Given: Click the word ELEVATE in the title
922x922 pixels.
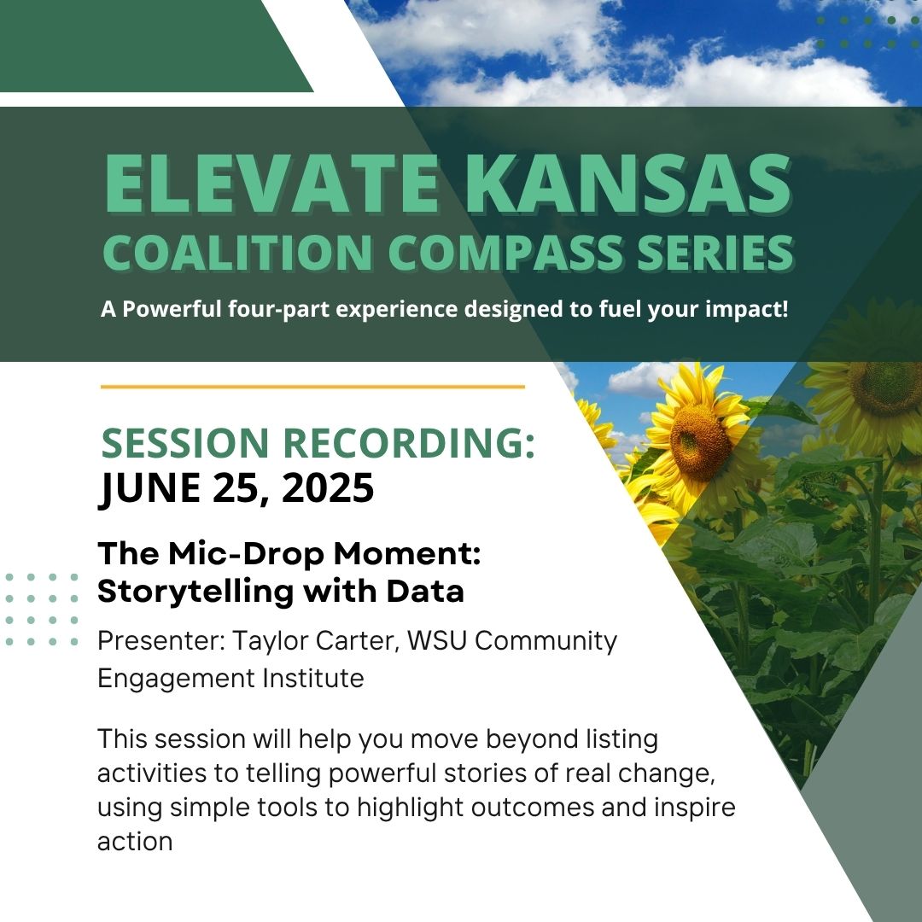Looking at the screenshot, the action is (x=271, y=184).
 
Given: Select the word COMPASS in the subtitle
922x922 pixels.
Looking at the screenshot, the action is (x=505, y=252).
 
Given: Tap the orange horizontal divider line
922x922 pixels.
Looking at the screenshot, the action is (x=312, y=387).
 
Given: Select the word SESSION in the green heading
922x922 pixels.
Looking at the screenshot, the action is (x=185, y=443).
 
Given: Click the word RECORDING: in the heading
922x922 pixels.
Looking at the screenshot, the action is (x=409, y=443).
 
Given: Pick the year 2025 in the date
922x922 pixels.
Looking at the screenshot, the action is (x=328, y=488).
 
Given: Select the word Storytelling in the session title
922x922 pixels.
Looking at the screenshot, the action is (x=195, y=592).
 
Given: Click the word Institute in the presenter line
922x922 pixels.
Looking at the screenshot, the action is (x=312, y=678).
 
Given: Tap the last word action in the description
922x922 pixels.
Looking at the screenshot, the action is (x=135, y=842).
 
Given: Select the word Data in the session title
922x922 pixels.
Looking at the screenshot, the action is (x=425, y=591).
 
